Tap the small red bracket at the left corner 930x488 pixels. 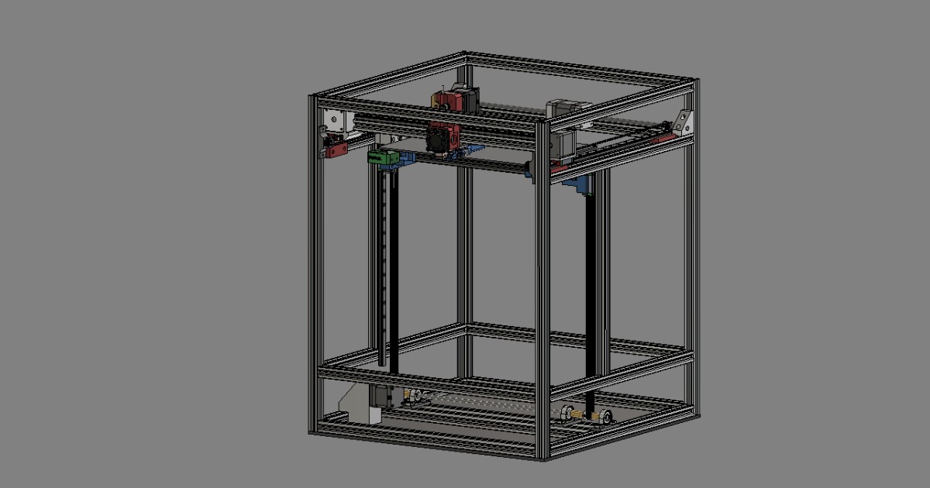(x=336, y=149)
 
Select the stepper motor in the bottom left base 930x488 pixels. (x=385, y=397)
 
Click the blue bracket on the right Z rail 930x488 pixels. (x=578, y=184)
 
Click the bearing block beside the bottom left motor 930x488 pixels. (x=415, y=398)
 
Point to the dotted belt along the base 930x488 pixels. (x=480, y=404)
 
